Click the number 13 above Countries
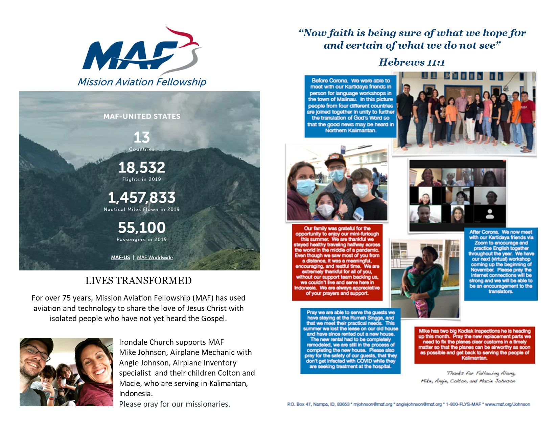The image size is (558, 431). click(x=141, y=137)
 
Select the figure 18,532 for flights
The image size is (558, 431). click(x=142, y=167)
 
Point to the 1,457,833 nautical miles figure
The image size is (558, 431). click(x=142, y=197)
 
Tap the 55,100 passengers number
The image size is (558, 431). click(x=142, y=228)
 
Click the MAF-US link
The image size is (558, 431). click(x=120, y=258)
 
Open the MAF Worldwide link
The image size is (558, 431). click(x=155, y=258)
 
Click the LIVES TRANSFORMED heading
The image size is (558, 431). click(x=138, y=281)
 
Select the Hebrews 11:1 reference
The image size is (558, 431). click(x=412, y=62)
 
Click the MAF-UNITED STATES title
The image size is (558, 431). click(x=142, y=116)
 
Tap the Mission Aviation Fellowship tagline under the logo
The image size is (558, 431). click(x=142, y=82)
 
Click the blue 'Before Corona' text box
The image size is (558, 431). click(x=350, y=106)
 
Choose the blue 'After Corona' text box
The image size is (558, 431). click(x=501, y=264)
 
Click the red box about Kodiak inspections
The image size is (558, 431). click(x=474, y=344)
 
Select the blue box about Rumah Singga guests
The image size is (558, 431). click(x=350, y=340)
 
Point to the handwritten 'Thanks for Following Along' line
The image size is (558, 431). click(x=481, y=373)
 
